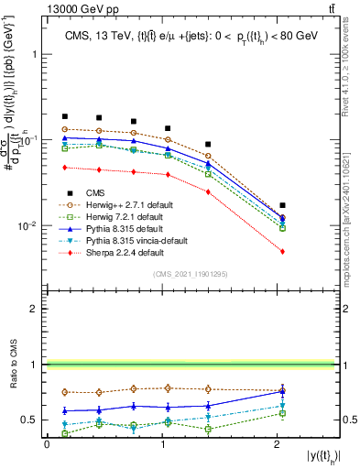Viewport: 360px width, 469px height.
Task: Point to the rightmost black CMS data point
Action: [283, 205]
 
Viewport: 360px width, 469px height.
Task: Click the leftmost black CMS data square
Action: [65, 116]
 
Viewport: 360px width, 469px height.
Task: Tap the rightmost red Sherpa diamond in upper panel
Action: [283, 251]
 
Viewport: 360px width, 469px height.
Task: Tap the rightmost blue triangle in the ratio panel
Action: [283, 391]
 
